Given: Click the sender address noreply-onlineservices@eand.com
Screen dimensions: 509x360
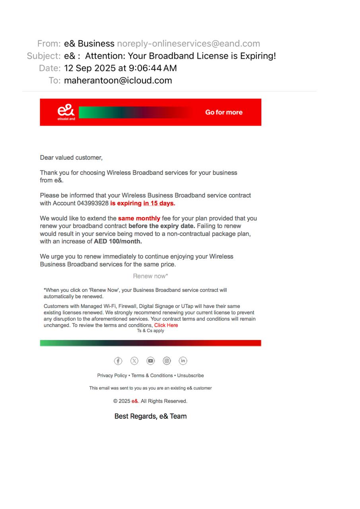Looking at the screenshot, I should tap(188, 44).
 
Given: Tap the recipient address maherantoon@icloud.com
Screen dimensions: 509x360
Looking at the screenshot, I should tap(118, 80).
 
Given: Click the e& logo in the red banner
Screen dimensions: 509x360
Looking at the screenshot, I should tap(66, 112).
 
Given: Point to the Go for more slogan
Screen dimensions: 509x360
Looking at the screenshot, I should tap(224, 112).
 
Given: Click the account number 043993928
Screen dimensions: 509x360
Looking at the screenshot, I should tap(93, 203).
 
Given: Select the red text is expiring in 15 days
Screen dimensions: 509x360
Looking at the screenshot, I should tap(143, 203).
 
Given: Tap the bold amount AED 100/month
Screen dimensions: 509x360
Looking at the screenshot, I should tap(118, 241).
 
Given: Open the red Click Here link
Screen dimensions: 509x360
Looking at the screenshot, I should tap(166, 325).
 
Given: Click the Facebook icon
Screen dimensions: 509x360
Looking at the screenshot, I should tap(118, 361).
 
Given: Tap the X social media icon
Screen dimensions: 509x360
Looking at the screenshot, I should tap(134, 361).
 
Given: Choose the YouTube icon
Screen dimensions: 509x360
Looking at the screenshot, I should tap(150, 361).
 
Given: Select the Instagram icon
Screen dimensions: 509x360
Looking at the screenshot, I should tap(167, 361).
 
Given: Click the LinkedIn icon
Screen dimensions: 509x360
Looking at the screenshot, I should tap(183, 361).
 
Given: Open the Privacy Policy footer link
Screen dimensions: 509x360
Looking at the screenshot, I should tap(112, 375).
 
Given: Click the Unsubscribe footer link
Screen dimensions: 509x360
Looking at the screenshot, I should tap(191, 375).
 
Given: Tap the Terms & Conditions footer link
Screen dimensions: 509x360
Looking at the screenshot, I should tap(152, 375).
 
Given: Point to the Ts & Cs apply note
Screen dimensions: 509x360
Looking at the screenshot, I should tap(150, 331).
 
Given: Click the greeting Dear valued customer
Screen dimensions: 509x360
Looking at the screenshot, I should tap(71, 157).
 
